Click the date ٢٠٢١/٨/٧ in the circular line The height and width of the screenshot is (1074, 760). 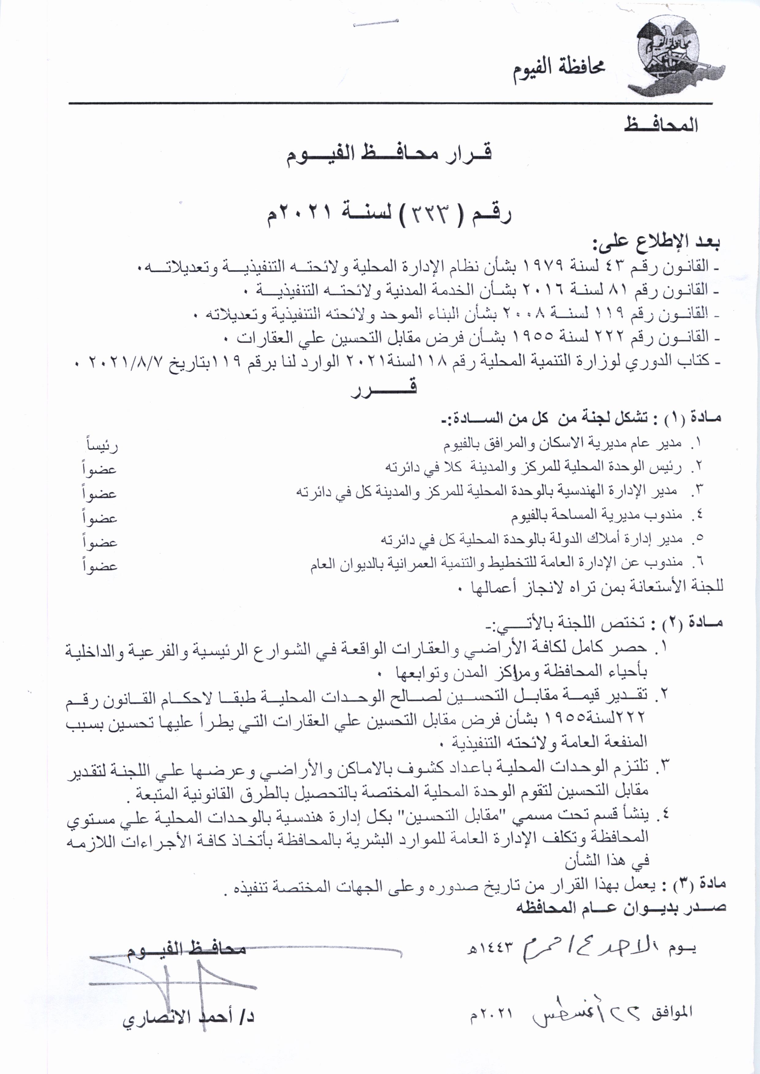[x=124, y=361]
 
